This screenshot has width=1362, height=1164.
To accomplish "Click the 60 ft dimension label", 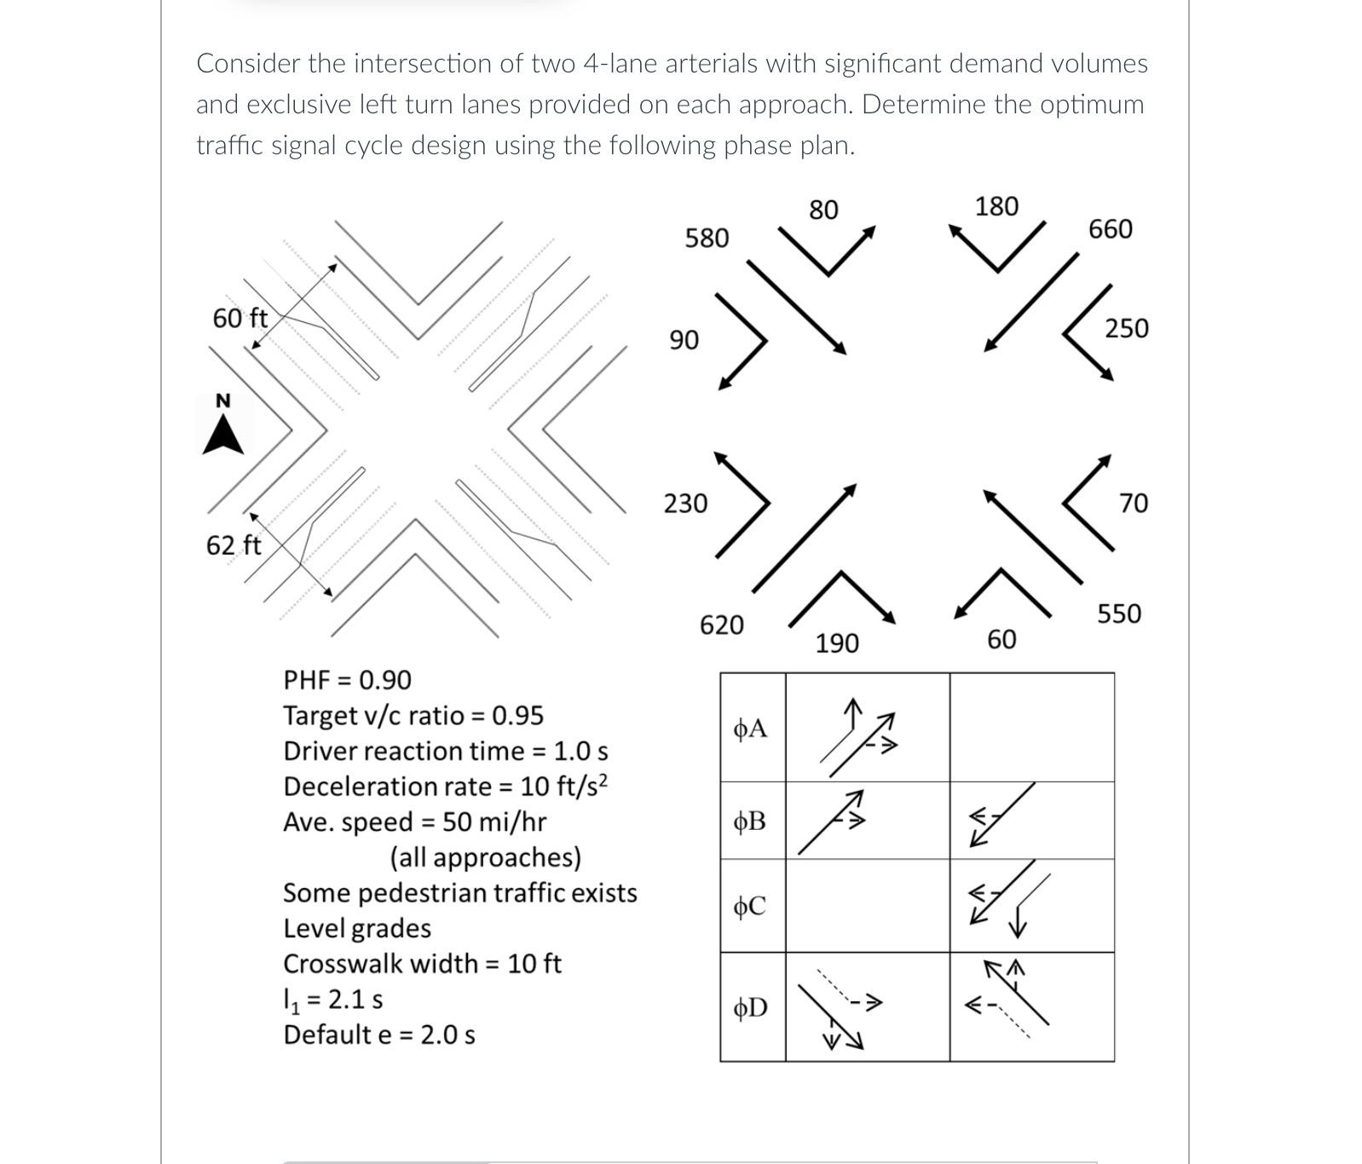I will (x=240, y=319).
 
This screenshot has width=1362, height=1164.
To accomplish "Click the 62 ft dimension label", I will (x=234, y=545).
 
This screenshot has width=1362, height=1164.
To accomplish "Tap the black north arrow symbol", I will (x=223, y=435).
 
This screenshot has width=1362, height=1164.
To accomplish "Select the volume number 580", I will (x=707, y=238).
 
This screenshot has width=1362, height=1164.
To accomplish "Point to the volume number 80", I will (x=823, y=210).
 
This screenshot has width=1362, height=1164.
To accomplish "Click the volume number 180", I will (x=996, y=206).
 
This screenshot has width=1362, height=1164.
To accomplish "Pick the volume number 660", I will (x=1111, y=229).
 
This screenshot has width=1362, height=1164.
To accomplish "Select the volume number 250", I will (x=1127, y=328).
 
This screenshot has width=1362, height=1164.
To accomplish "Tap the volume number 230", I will (x=685, y=504).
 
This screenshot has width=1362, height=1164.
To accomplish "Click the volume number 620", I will (x=721, y=625).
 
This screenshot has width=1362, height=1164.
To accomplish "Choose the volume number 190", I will (x=837, y=643).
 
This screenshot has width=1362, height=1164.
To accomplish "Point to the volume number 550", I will (x=1118, y=614).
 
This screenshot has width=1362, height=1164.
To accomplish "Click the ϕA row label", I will (x=750, y=729).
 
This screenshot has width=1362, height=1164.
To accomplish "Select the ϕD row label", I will (x=750, y=1008).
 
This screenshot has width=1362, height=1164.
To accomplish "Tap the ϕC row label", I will (x=750, y=906).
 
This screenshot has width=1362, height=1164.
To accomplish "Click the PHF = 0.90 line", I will (x=347, y=680).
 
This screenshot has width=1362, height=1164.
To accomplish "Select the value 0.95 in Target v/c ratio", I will (x=518, y=716).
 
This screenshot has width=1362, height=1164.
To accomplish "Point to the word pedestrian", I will (x=421, y=893).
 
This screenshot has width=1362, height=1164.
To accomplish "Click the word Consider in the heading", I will (x=249, y=64).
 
